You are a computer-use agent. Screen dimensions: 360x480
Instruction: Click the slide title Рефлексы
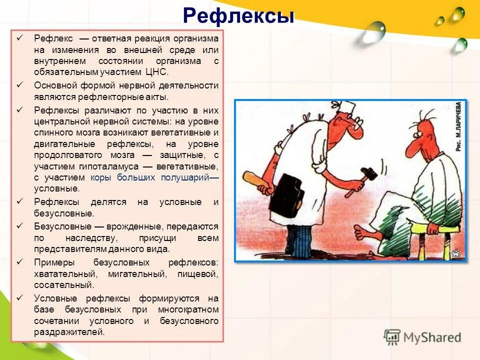[x=238, y=15]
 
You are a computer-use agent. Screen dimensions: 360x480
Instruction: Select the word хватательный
[x=59, y=274]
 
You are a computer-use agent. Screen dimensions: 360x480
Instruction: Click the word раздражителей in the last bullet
[x=69, y=331]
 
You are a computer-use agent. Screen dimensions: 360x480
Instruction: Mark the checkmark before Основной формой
[x=20, y=85]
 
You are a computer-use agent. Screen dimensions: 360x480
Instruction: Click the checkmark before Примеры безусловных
[x=20, y=262]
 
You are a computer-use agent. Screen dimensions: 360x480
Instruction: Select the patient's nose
[x=410, y=149]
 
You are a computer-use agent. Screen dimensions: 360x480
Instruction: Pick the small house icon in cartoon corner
[x=455, y=253]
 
